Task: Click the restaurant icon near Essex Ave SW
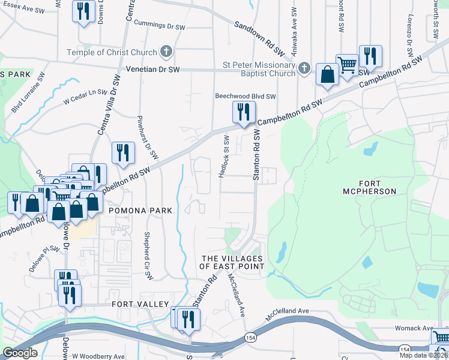click(83, 11)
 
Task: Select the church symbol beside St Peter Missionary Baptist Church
click(304, 67)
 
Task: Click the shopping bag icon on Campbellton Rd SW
click(328, 76)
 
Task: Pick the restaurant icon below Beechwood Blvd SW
click(244, 112)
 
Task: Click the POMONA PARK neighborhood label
click(140, 211)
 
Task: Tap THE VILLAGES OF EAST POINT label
click(232, 262)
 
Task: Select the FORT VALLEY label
click(140, 304)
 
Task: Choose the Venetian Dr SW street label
click(152, 70)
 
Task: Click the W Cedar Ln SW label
click(89, 98)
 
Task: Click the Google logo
click(20, 353)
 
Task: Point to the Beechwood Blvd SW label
click(245, 96)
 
